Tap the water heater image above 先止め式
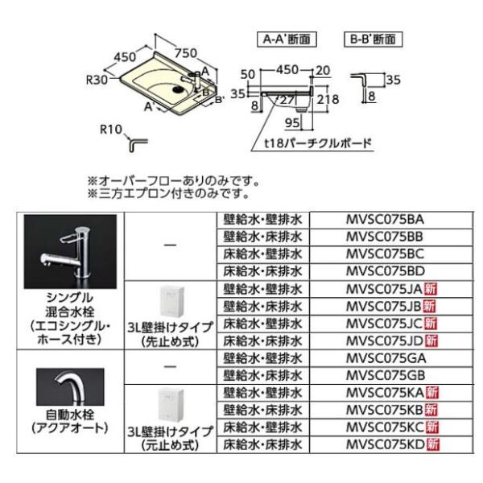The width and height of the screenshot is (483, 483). pos(174,299)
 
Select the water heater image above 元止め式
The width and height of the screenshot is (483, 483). pos(174,406)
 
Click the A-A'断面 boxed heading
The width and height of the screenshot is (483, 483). pos(285,38)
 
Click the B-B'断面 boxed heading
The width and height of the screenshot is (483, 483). pos(372,38)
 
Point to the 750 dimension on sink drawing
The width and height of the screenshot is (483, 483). pos(184,54)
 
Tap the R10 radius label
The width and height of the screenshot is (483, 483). pos(110,128)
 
